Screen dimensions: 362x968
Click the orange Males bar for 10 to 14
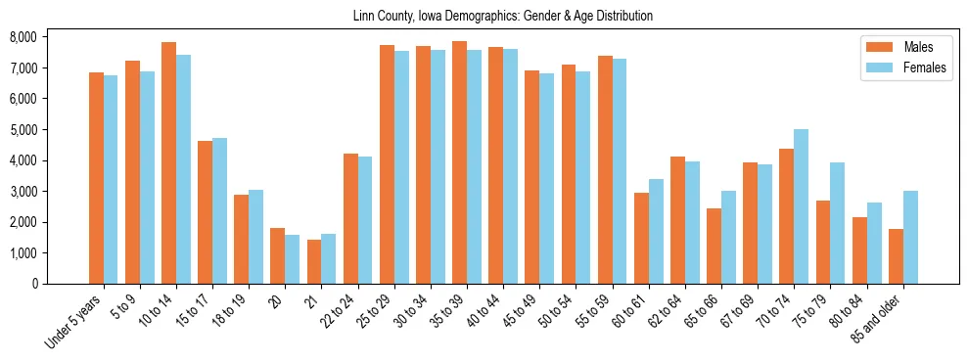point(168,162)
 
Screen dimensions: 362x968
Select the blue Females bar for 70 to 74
point(801,206)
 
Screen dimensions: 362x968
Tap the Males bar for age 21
point(314,261)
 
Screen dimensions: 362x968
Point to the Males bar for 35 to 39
point(459,162)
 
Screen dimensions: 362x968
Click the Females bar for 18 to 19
point(255,237)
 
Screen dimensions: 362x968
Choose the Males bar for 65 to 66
point(714,246)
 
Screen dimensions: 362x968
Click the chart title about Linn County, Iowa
point(502,17)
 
